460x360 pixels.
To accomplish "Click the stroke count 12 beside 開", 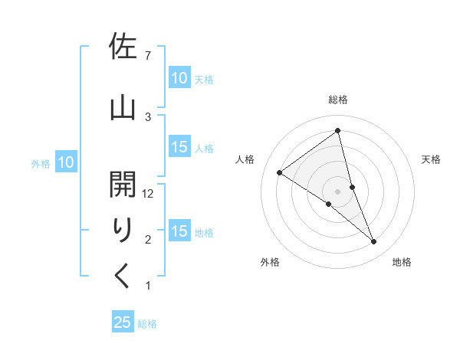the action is pos(149,194).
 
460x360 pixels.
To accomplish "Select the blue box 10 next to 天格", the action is pos(179,78).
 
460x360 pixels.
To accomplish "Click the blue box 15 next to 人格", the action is pos(179,148).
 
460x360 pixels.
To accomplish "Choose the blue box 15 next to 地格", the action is pos(179,232).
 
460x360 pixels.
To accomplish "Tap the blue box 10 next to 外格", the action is pos(66,162).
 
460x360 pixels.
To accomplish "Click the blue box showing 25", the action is pos(123,322).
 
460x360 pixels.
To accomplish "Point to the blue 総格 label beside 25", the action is pos(147,324).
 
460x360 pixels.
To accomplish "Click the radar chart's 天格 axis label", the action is pos(431,159).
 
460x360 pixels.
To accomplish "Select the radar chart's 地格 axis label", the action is pos(402,262).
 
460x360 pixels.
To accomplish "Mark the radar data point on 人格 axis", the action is pos(280,172).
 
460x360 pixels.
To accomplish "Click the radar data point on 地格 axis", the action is pos(374,241).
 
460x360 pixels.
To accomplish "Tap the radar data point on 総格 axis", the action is pos(337,131).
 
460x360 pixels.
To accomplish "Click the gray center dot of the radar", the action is pos(337,191).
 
